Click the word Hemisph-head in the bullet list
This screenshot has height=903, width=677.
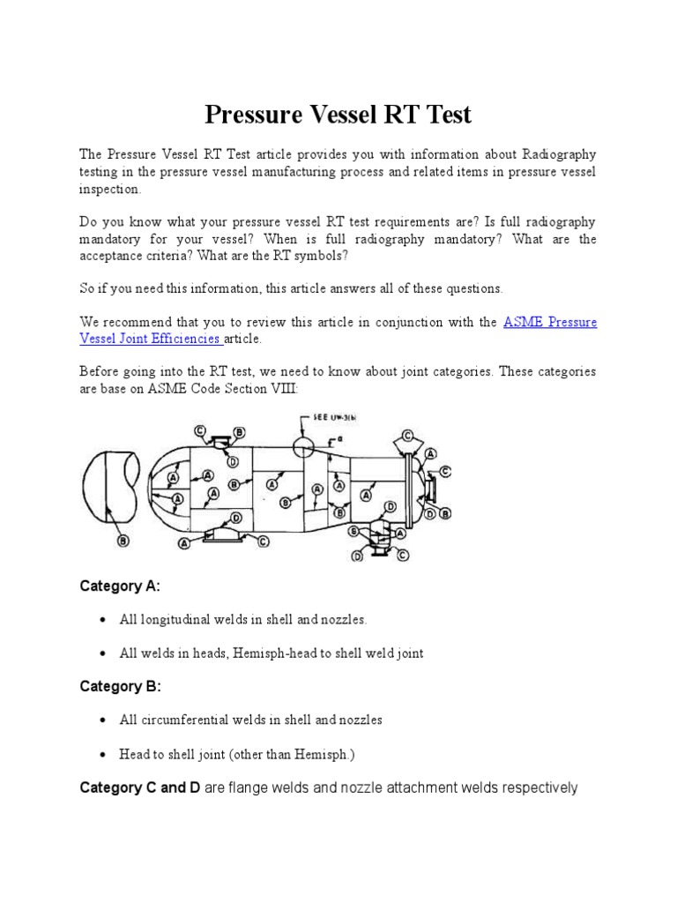coord(270,653)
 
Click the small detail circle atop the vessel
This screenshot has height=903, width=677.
coord(304,444)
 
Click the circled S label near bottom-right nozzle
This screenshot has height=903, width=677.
coord(353,531)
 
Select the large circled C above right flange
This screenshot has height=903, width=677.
coord(408,435)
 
